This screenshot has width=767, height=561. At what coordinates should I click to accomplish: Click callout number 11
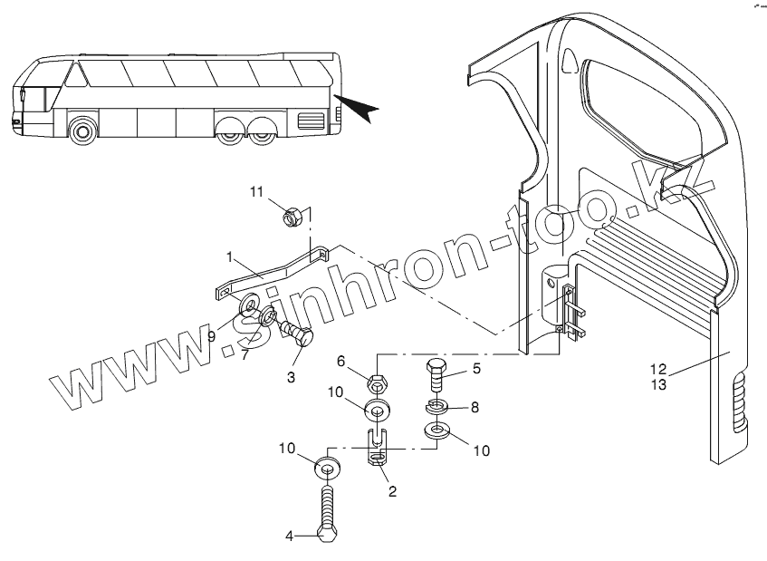click(256, 191)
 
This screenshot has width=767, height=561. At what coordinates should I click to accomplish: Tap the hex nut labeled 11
click(292, 217)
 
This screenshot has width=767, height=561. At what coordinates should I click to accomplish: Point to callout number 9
click(211, 336)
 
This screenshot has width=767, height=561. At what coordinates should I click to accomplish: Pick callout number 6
click(341, 361)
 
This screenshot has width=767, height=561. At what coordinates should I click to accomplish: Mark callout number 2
click(392, 492)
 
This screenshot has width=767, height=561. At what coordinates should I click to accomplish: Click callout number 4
click(291, 536)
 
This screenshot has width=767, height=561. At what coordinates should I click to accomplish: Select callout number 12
click(658, 369)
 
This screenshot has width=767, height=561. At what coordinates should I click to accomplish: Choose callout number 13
click(658, 385)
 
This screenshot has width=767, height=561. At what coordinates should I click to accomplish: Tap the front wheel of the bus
click(82, 131)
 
